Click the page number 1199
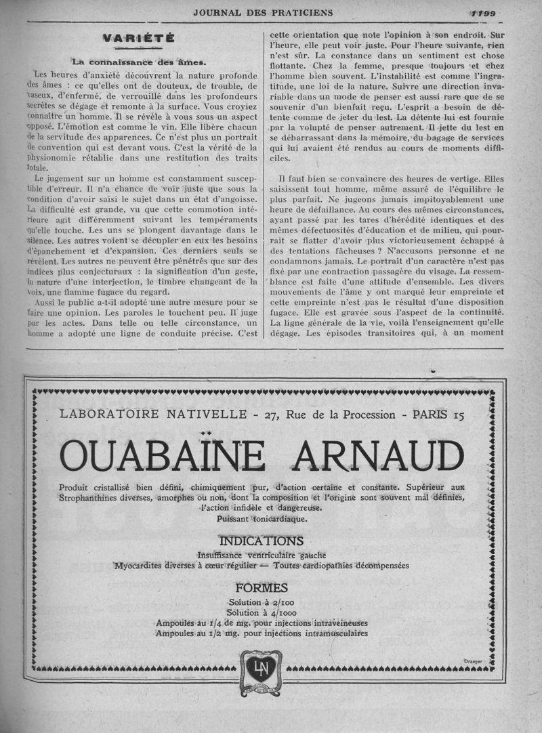tap(482, 12)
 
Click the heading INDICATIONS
tap(261, 541)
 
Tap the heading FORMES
tap(261, 587)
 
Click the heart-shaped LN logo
tap(261, 671)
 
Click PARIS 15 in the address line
tap(438, 415)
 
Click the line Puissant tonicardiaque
tap(262, 519)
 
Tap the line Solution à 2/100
tap(261, 602)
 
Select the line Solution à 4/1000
tap(261, 612)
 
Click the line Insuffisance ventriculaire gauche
tap(261, 555)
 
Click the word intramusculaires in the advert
tap(326, 633)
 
